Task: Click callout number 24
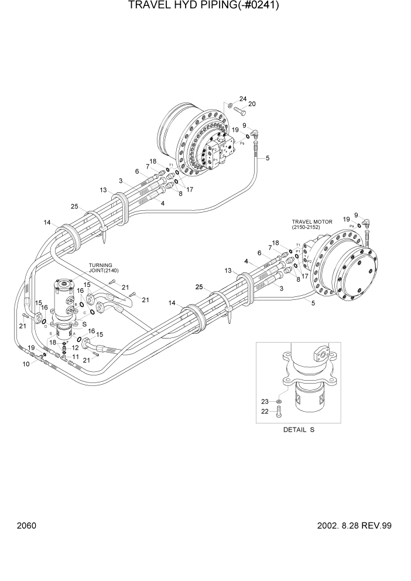coord(242,99)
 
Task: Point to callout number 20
coord(252,104)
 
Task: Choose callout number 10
coord(26,364)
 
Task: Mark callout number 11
coord(76,356)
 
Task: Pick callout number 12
coord(76,348)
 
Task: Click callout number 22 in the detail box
coord(264,412)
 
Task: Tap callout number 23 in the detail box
coord(264,401)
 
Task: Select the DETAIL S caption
coord(299,430)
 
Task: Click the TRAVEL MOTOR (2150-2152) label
coord(312,224)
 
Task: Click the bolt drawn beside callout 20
coord(239,110)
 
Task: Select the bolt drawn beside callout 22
coord(279,412)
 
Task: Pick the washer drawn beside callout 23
coord(279,402)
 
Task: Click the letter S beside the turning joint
coord(85,324)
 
